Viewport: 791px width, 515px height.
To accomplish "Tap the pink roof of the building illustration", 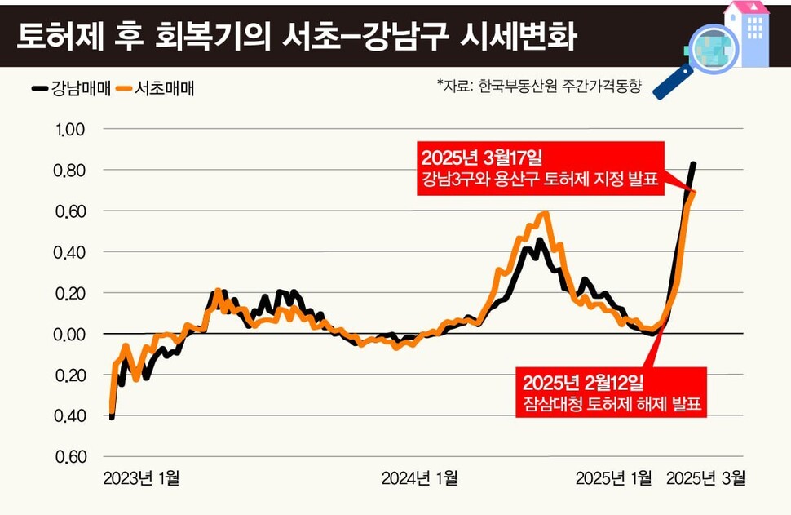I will pos(747,7).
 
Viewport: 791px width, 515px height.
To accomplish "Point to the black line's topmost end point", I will pos(693,164).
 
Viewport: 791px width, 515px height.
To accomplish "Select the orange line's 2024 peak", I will pos(545,215).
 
